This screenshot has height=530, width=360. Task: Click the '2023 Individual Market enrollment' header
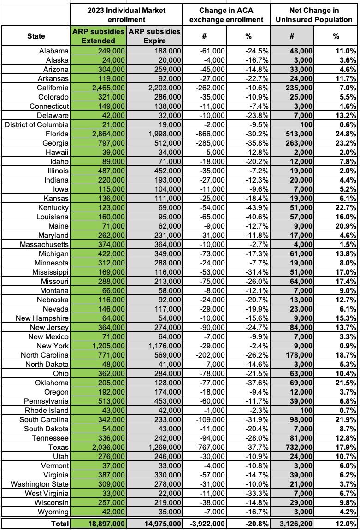[126, 15]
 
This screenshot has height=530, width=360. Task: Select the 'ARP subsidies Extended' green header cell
[98, 36]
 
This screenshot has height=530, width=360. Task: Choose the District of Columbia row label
[37, 124]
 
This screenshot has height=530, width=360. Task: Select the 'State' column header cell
[36, 36]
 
